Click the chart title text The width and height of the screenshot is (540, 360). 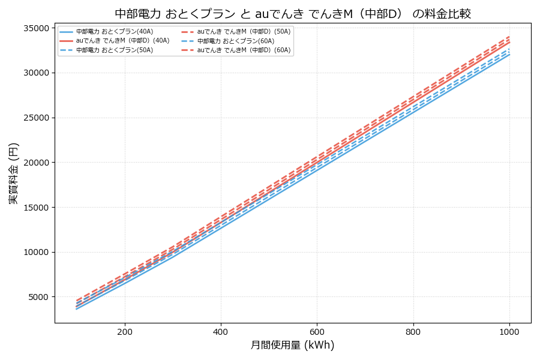click(x=292, y=13)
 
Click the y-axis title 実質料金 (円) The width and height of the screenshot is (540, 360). click(x=13, y=173)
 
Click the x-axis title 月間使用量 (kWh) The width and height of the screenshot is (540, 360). click(x=292, y=345)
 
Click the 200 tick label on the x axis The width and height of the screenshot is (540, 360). click(x=125, y=331)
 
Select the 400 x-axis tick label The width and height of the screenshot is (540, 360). click(x=221, y=331)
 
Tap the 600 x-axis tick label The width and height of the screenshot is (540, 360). click(x=317, y=331)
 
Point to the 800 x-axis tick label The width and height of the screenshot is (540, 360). click(x=413, y=331)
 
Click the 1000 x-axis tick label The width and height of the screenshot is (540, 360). click(x=509, y=331)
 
